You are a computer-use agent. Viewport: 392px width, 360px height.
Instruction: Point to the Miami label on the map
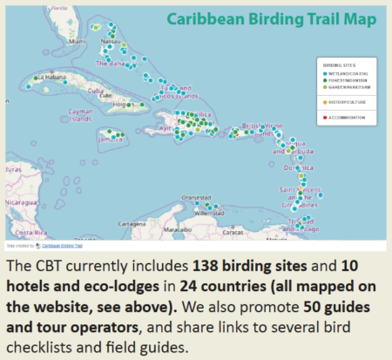click(x=78, y=40)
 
